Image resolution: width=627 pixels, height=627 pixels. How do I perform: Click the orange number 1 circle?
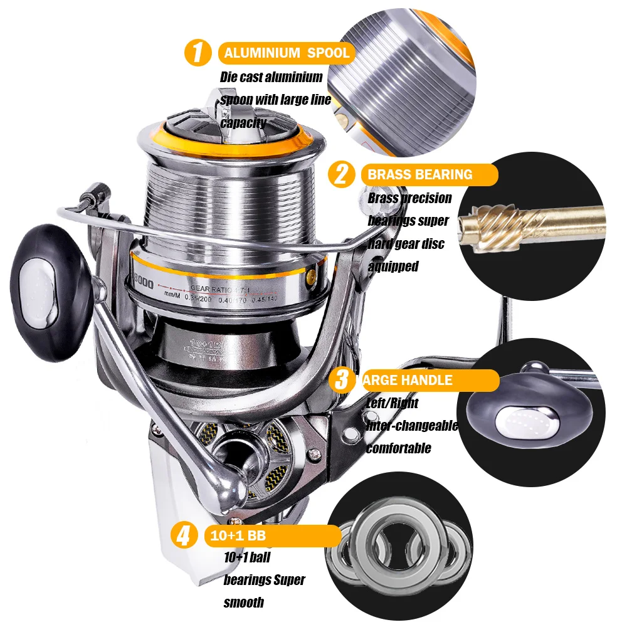pyautogui.click(x=198, y=53)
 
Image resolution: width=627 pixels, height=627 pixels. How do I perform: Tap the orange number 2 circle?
pyautogui.click(x=342, y=174)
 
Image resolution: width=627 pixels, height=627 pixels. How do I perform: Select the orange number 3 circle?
pyautogui.click(x=342, y=379)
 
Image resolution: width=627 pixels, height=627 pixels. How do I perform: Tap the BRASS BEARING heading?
pyautogui.click(x=420, y=174)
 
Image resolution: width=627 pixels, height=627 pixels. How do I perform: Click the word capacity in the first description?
pyautogui.click(x=243, y=123)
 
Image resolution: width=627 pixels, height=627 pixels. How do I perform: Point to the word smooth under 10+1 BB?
pyautogui.click(x=244, y=603)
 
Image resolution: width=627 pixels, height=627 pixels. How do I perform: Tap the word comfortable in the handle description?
pyautogui.click(x=398, y=448)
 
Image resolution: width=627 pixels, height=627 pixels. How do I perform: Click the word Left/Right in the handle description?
pyautogui.click(x=393, y=403)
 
